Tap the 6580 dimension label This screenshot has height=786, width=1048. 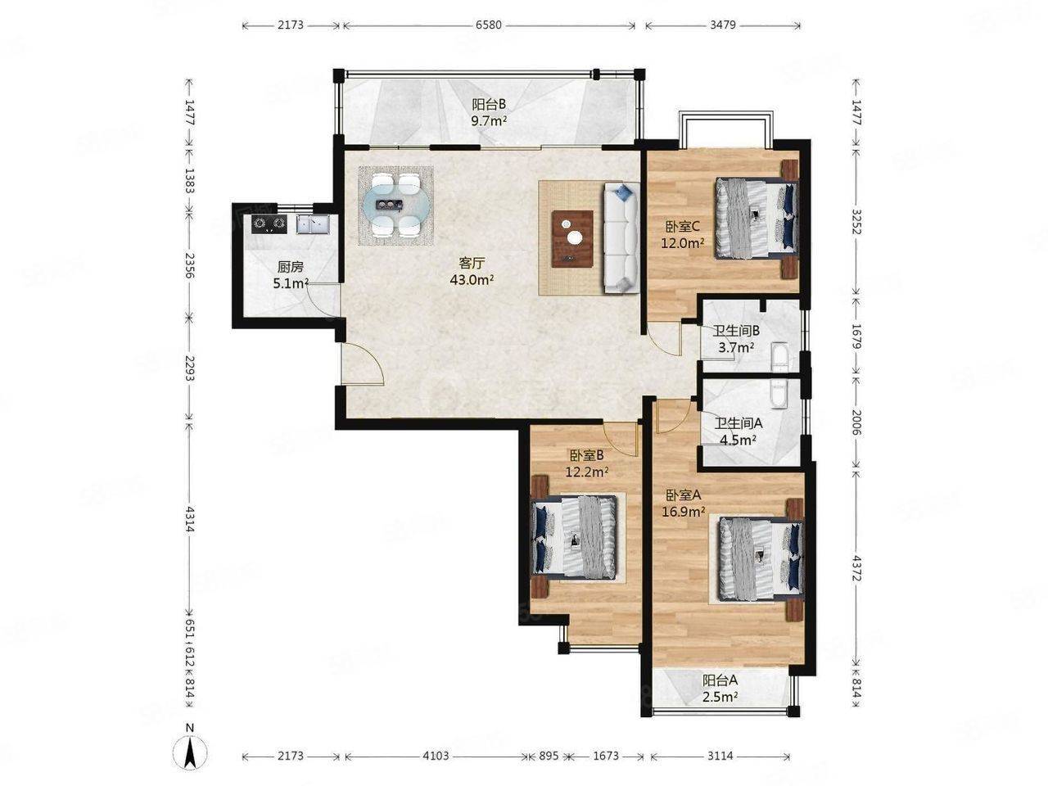pos(489,25)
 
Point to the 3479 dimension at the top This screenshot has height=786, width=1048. pos(722,25)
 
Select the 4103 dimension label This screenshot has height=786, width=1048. pos(436,756)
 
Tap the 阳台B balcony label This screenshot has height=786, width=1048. pos(489,103)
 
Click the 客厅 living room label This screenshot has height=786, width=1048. pos(472,263)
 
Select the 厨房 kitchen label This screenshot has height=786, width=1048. pos(291,267)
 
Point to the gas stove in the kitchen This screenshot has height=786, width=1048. pos(269,224)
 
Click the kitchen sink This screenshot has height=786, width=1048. pos(313,224)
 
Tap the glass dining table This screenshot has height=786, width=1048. pos(395,206)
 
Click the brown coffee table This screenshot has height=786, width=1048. pos(572,238)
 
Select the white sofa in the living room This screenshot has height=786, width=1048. pos(621,237)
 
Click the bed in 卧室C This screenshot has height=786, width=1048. pos(757,219)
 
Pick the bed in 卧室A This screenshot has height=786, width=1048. pos(761,559)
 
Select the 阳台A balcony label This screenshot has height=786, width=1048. pos(720,679)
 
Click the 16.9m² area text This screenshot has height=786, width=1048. pos(684,512)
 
